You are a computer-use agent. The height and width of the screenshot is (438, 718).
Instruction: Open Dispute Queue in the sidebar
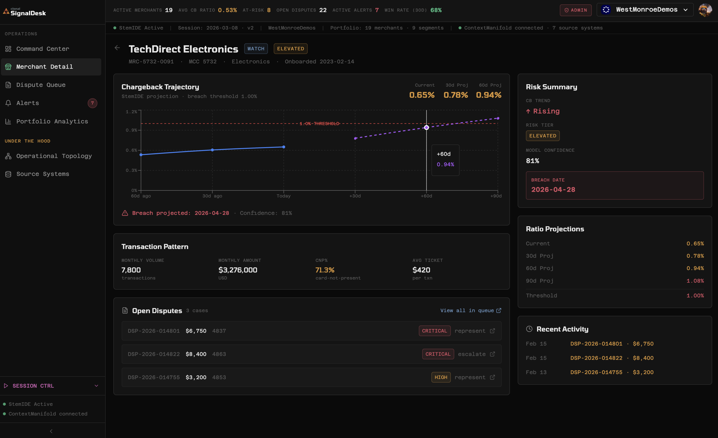[x=41, y=85]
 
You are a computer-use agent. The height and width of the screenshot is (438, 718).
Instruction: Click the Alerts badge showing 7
[x=92, y=103]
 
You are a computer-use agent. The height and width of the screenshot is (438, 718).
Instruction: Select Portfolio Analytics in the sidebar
[x=52, y=121]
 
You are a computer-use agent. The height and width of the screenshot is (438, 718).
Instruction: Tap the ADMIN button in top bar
[x=576, y=10]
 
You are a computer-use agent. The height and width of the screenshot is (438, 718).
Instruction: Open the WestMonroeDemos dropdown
[x=645, y=10]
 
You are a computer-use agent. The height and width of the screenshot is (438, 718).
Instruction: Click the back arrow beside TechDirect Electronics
[x=117, y=48]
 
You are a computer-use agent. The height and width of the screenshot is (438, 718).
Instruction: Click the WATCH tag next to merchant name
[x=256, y=49]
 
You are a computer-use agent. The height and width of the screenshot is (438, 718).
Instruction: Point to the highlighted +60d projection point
[x=426, y=128]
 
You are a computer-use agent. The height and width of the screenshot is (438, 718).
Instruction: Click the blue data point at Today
[x=283, y=147]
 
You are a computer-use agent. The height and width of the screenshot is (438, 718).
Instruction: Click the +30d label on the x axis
[x=355, y=196]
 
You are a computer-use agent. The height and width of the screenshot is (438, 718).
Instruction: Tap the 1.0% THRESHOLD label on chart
[x=319, y=124]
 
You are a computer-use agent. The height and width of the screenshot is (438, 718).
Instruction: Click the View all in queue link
[x=470, y=310]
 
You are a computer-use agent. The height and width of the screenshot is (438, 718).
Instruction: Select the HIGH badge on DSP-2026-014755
[x=441, y=378]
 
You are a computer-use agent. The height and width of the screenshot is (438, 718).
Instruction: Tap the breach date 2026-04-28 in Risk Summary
[x=553, y=190]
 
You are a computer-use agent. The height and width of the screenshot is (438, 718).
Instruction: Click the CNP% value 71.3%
[x=325, y=270]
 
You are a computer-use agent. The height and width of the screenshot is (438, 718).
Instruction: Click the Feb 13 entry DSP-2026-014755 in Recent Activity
[x=596, y=372]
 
